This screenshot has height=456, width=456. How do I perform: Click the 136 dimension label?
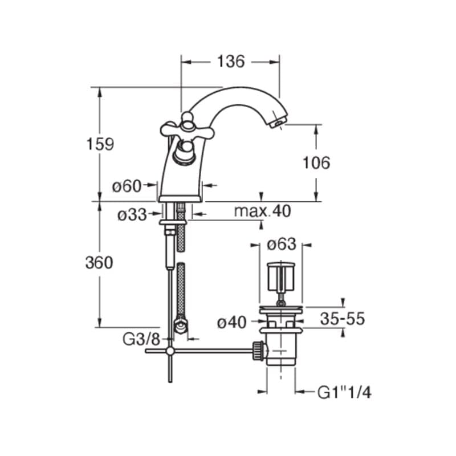[x=231, y=62]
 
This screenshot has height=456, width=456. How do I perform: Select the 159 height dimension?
[x=100, y=144]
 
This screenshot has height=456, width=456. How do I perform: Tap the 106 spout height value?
[x=316, y=162]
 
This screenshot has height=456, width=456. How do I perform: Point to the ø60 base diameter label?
[x=127, y=186]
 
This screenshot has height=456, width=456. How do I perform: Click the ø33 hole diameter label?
[x=132, y=215]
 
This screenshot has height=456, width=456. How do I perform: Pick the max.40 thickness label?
[x=262, y=211]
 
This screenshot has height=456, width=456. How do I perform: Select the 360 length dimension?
[x=99, y=263]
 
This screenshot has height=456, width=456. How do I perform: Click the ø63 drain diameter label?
[x=282, y=245]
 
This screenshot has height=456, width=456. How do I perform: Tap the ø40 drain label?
[x=232, y=323]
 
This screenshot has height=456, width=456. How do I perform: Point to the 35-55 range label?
[x=343, y=319]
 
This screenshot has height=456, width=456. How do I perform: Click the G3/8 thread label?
[x=141, y=339]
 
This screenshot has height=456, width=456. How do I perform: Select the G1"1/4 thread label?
[x=344, y=393]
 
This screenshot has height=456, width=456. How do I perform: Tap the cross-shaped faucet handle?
[x=188, y=127]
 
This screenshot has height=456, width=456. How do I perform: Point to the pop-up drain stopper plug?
[x=281, y=276]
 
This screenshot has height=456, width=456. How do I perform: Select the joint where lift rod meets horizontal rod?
[x=170, y=351]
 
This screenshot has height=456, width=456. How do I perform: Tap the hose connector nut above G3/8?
[x=181, y=325]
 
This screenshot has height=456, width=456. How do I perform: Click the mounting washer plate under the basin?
[x=173, y=222]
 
